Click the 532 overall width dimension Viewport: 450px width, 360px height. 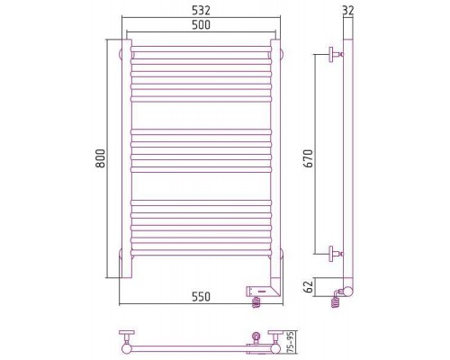[201, 11]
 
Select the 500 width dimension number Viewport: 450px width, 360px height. [201, 24]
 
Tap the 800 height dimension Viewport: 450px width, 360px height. [101, 158]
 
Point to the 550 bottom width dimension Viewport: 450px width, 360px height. [201, 297]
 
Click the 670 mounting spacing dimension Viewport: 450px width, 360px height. [309, 158]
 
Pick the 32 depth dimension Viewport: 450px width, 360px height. [348, 10]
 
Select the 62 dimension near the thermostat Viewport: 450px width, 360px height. [310, 286]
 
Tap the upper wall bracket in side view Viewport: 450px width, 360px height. [336, 55]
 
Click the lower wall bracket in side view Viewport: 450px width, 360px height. [336, 254]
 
